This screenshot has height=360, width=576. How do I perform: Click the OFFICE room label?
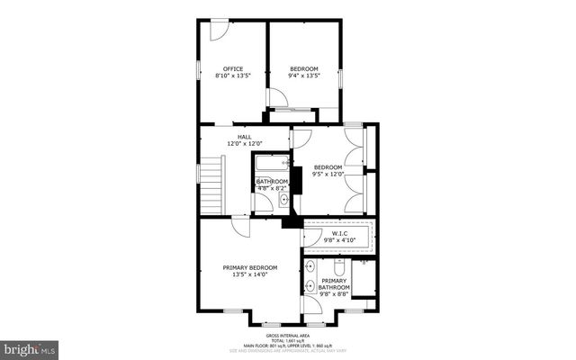pos(233,68)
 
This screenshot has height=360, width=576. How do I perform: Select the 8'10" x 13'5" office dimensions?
pos(233,76)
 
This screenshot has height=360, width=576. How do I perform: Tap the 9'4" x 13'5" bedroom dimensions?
pos(304,76)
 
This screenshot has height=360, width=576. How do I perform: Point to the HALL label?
pos(244,137)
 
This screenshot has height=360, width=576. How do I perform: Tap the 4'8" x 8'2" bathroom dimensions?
pos(272,189)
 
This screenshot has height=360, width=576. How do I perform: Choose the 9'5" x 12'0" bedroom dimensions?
pos(328,175)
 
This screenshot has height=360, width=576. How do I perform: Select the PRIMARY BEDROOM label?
pos(250,267)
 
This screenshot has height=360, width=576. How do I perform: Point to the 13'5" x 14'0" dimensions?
pos(250,275)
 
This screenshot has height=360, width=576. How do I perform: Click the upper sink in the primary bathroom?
pos(310,267)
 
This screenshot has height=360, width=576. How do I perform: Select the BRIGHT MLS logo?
pos(29,347)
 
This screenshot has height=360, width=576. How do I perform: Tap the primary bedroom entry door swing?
pos(239,229)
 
